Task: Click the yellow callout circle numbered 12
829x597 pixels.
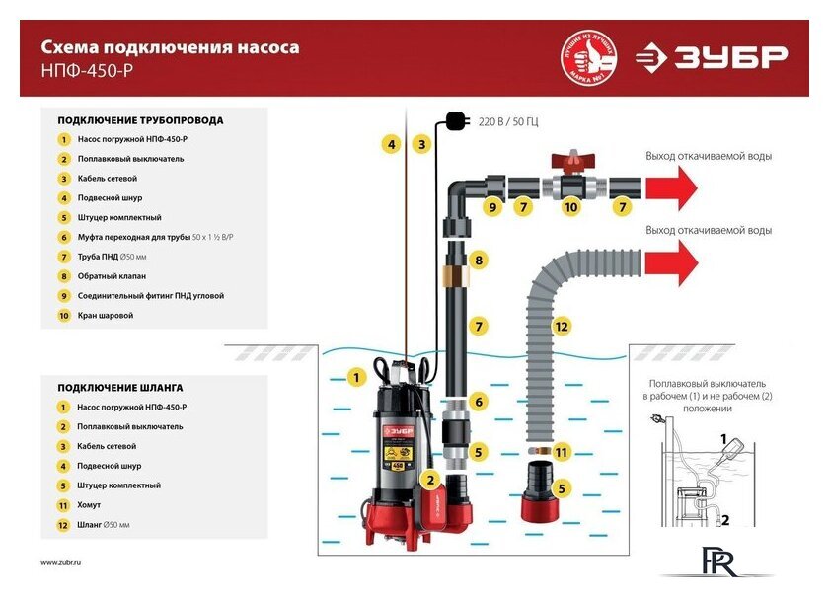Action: (562, 326)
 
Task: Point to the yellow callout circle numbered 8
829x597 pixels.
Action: (479, 261)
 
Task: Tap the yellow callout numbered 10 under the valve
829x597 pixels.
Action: (570, 207)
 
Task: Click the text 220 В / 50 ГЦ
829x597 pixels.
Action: (507, 121)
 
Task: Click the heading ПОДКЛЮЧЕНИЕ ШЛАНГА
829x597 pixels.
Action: (120, 387)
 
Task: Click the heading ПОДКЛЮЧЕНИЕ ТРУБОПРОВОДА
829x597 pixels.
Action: (140, 120)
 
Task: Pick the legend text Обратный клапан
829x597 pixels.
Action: (112, 276)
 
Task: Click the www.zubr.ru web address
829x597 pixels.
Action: (61, 561)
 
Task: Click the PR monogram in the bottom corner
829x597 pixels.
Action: (716, 560)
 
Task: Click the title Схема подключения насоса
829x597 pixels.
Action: (170, 46)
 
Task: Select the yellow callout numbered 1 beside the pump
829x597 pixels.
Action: (358, 377)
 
